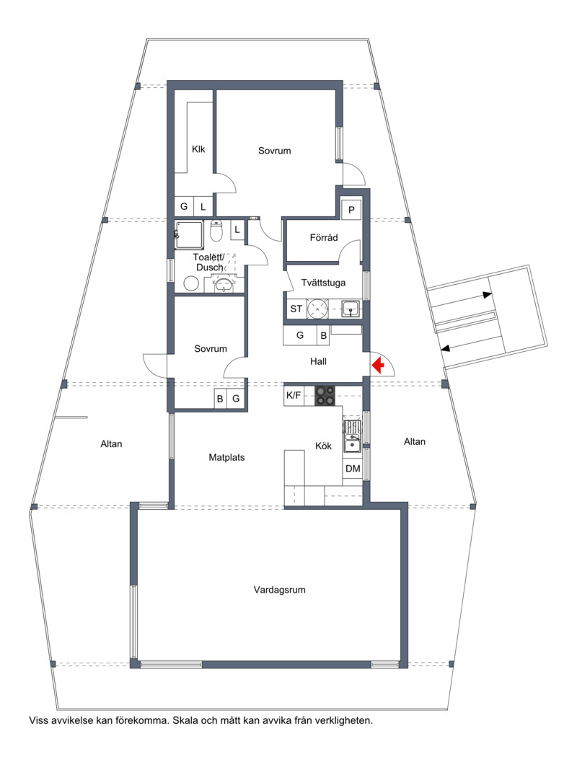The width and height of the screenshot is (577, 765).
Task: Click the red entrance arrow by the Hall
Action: (x=378, y=365)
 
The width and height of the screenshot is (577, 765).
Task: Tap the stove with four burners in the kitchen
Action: (x=325, y=396)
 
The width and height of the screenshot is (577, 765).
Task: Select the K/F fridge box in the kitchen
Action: (x=294, y=395)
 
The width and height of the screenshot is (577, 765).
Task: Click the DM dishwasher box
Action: (x=353, y=469)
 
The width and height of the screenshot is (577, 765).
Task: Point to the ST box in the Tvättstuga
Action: (x=296, y=309)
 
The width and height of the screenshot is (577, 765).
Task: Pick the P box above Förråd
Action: (x=351, y=211)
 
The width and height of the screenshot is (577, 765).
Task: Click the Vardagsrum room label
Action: (x=279, y=590)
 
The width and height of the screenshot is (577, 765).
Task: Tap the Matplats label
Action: (x=226, y=458)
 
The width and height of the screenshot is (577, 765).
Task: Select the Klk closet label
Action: (x=198, y=149)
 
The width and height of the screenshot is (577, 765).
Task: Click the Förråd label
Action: (x=324, y=238)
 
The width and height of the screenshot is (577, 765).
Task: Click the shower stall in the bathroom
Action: (x=189, y=236)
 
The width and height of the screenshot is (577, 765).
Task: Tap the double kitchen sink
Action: (x=351, y=437)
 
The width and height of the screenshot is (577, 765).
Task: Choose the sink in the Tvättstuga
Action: (x=350, y=309)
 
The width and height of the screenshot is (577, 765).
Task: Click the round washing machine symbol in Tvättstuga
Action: (x=318, y=309)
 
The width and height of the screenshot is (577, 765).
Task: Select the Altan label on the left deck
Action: (x=111, y=444)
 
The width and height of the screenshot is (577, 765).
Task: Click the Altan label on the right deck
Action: (x=415, y=441)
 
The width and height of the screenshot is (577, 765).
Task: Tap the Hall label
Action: (x=318, y=361)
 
